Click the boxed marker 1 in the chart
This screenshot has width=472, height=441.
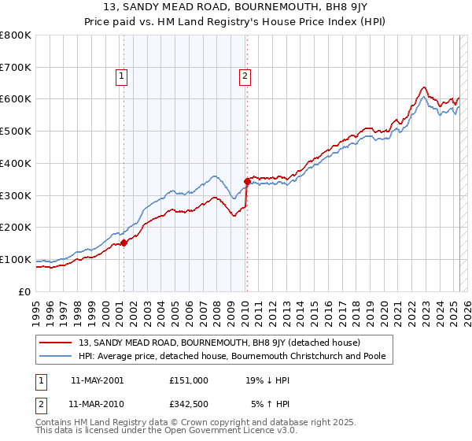tap(123, 76)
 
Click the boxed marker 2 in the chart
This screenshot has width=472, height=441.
tap(245, 76)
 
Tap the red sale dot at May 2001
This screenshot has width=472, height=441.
tap(124, 243)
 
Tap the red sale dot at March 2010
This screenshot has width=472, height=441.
tap(247, 181)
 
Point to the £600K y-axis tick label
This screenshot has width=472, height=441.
tap(16, 99)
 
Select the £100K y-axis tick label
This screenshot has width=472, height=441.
tap(16, 259)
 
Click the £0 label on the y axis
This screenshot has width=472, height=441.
tap(25, 291)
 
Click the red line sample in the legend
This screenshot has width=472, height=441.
tap(56, 343)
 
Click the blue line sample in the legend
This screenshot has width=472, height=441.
tap(56, 357)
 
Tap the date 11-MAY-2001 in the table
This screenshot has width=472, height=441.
tap(96, 380)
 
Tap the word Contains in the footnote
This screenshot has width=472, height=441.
tap(54, 424)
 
